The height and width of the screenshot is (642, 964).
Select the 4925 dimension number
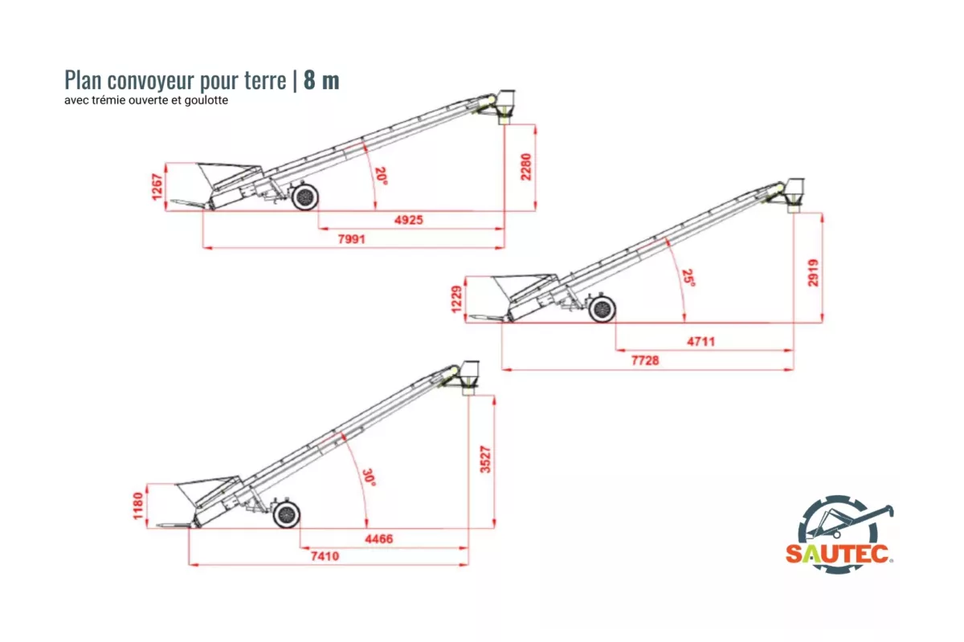click(408, 220)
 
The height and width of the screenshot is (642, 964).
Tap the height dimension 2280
click(526, 166)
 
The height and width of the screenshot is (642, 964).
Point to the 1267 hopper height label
click(157, 187)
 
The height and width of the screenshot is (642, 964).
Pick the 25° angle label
click(688, 278)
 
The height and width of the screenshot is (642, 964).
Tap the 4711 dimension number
click(701, 342)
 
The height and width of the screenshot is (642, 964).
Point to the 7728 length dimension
click(644, 360)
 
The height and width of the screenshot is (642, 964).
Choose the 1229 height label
click(458, 299)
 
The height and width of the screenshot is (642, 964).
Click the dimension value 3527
click(485, 458)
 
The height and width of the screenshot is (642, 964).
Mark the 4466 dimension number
click(378, 538)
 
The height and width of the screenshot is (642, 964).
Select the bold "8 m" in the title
click(321, 81)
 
